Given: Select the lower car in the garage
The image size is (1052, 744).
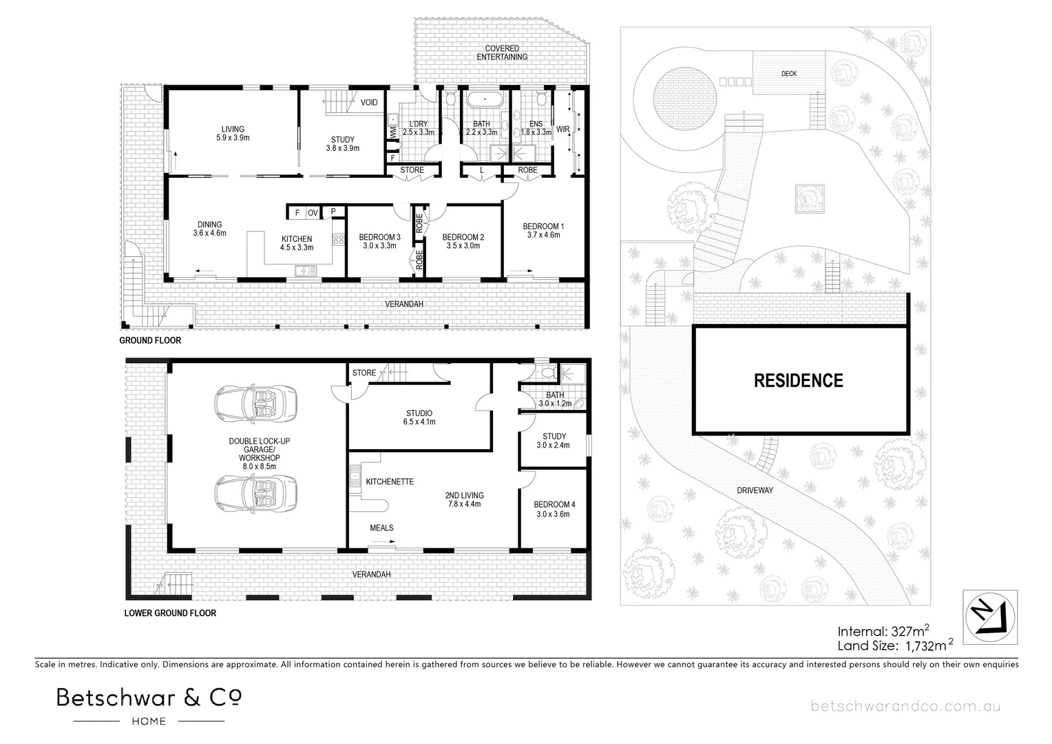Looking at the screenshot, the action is pos(256,491).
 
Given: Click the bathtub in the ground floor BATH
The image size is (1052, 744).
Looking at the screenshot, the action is pos(487,100).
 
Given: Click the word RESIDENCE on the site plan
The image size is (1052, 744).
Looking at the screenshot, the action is pos(798,380).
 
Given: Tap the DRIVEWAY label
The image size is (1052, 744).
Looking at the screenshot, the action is pos(755,490).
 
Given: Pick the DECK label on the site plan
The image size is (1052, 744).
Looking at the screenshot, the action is pos(789,74).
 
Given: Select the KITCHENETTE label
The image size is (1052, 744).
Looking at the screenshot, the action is pos(390,482).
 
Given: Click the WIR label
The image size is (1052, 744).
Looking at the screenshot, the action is pos(563,129).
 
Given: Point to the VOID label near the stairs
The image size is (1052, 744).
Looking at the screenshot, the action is pos(369,103).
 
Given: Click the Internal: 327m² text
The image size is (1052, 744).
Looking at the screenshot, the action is pos(884,630).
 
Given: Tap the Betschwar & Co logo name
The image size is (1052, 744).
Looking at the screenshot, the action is pos(149,698).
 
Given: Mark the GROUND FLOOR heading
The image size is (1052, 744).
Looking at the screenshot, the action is pos(150,341).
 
